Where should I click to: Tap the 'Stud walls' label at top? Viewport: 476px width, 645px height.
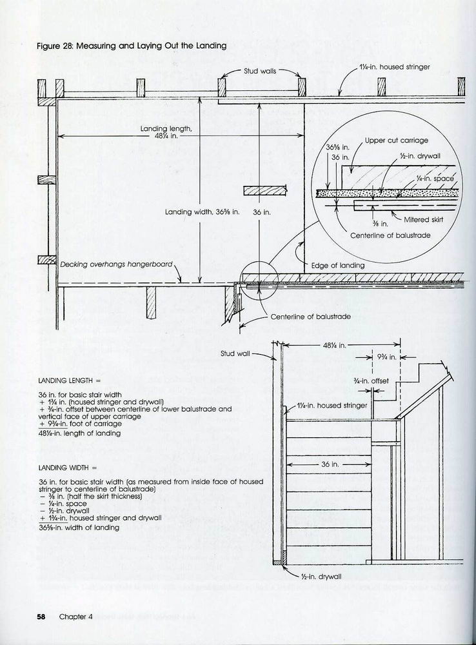[260, 71]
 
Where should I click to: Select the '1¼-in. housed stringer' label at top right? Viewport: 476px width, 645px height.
[394, 66]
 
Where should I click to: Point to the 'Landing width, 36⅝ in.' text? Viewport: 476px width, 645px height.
[202, 212]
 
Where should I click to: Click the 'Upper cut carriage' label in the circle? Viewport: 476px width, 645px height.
[396, 140]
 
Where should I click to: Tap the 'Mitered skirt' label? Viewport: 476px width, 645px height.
[423, 219]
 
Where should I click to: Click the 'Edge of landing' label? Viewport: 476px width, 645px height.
[338, 265]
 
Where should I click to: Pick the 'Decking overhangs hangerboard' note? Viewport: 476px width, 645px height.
[116, 264]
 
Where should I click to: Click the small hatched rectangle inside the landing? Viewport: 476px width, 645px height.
[265, 190]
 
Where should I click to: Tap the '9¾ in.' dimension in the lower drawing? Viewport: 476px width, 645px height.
[386, 357]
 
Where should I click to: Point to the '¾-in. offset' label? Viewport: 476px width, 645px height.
[371, 381]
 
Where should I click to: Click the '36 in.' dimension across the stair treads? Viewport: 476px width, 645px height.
[330, 464]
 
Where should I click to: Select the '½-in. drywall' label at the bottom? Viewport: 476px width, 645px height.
[321, 576]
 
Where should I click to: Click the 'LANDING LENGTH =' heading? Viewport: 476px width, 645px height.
[70, 381]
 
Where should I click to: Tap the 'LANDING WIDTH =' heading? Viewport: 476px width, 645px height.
[68, 468]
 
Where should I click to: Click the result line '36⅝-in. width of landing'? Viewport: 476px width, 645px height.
[79, 528]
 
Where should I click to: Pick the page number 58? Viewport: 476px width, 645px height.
[41, 617]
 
